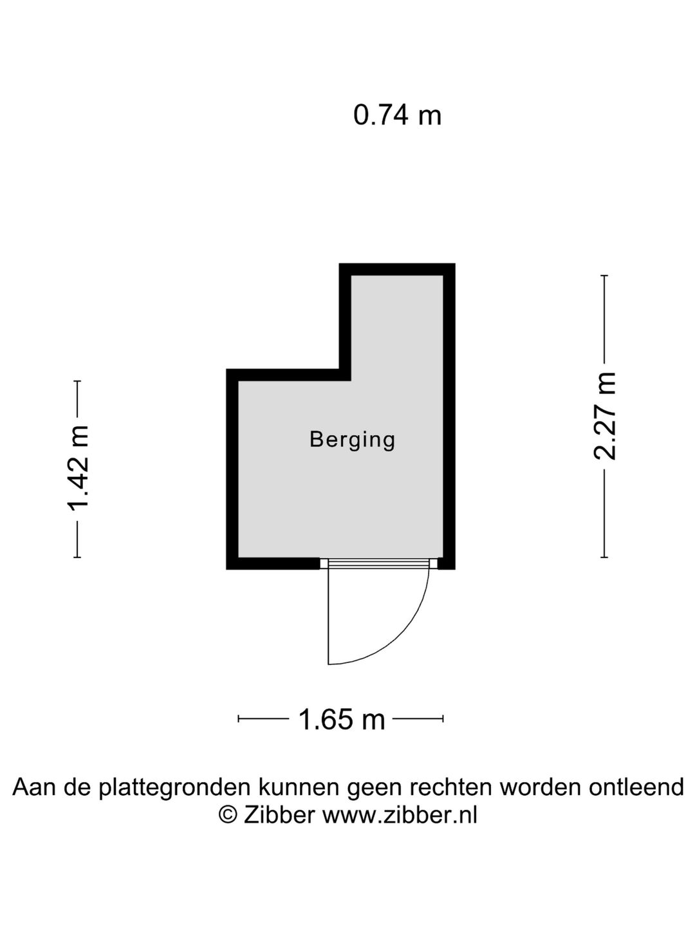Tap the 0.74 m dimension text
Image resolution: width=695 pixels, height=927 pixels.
(x=397, y=115)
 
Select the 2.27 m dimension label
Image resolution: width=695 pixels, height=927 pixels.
(x=605, y=416)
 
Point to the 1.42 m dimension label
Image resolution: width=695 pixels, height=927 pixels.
(x=78, y=469)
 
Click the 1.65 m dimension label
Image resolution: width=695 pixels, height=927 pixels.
(x=341, y=720)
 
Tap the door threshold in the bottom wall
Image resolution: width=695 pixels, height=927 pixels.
(x=378, y=563)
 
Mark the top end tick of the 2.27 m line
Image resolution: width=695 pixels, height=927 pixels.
(x=604, y=276)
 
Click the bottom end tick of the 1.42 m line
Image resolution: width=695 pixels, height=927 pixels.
(x=77, y=557)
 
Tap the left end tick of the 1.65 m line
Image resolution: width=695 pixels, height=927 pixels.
(x=238, y=718)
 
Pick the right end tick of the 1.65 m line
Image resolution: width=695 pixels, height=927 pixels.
(x=443, y=718)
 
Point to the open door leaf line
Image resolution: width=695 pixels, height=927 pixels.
(x=328, y=617)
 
